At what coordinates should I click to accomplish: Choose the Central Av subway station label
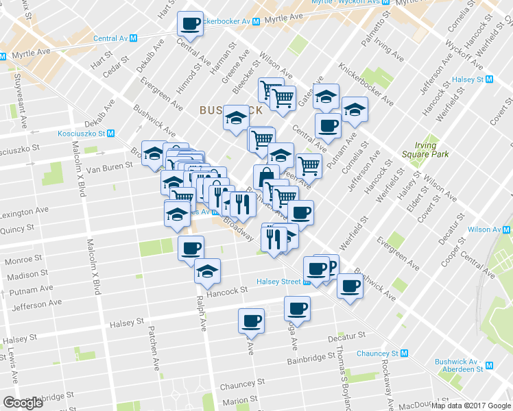coord(115,38)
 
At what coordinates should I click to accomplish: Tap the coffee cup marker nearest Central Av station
coord(190,24)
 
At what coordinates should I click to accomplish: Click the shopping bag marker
coord(265,177)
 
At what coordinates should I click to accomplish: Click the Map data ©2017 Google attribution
coord(471,406)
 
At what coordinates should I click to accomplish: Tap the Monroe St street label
coord(23,261)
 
